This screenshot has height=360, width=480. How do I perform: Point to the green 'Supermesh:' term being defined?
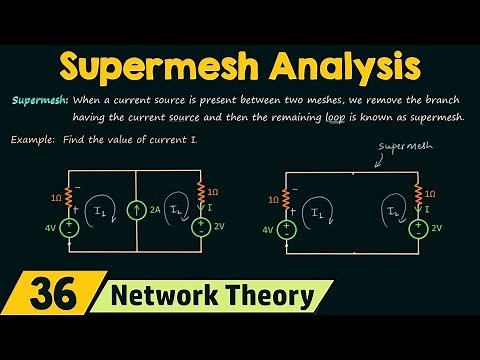point(40,101)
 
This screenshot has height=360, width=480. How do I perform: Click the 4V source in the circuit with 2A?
point(69,228)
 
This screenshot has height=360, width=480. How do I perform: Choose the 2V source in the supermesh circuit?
point(417,228)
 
